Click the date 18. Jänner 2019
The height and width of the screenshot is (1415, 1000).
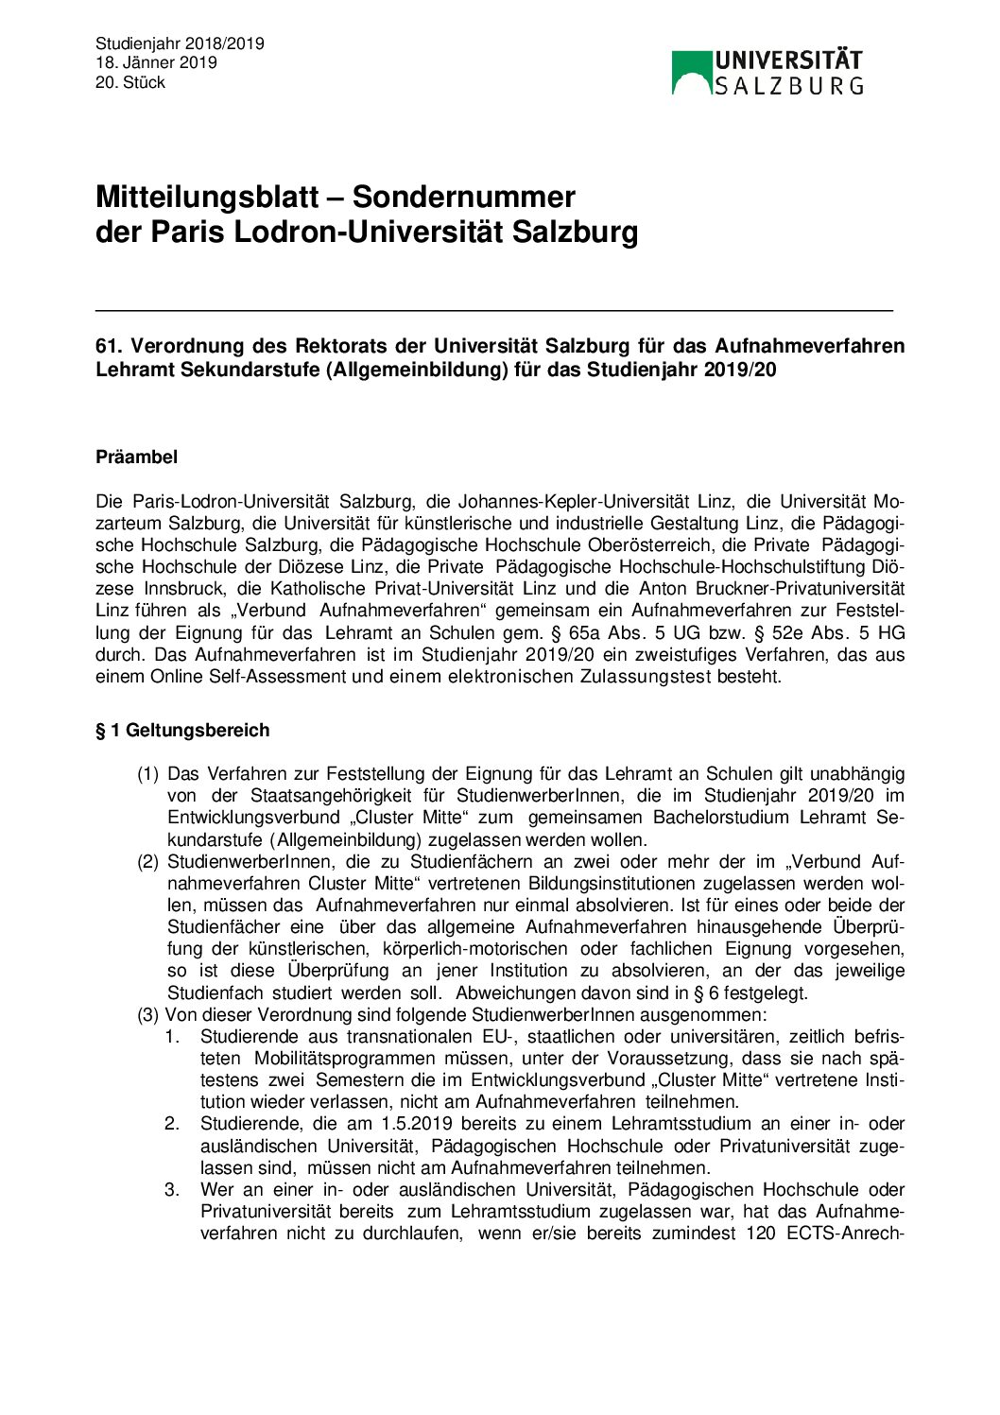(x=156, y=62)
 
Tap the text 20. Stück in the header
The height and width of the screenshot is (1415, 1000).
(x=130, y=82)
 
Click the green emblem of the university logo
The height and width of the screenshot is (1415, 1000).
(x=691, y=72)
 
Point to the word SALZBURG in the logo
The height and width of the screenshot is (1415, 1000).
(x=788, y=86)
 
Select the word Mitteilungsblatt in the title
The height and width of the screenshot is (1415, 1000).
(x=207, y=197)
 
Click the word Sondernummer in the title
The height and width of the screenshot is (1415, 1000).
(x=463, y=197)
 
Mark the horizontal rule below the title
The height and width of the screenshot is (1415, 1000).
(x=493, y=310)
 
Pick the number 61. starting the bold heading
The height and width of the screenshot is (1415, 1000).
(x=109, y=346)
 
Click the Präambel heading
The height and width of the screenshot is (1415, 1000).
(x=136, y=457)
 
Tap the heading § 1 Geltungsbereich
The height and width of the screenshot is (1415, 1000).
(x=182, y=731)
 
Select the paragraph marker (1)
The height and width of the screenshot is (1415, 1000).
(x=147, y=774)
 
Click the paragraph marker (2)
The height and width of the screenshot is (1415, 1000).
(x=147, y=862)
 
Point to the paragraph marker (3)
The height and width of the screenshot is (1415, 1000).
(x=147, y=1015)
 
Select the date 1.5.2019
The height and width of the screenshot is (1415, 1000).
(x=416, y=1124)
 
